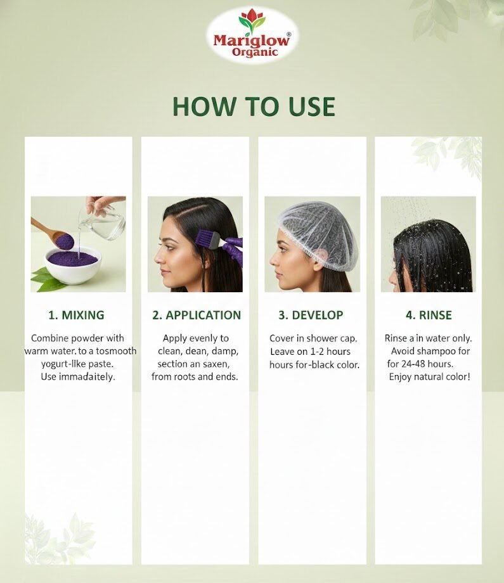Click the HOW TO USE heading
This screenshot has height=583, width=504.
click(x=254, y=106)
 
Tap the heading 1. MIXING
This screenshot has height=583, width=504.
click(x=76, y=316)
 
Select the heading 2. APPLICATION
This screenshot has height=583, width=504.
click(x=197, y=316)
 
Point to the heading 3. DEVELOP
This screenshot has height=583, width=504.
click(x=311, y=316)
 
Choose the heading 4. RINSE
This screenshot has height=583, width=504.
click(x=429, y=316)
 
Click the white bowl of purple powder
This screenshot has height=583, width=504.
click(x=74, y=265)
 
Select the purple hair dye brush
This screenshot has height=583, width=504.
click(x=210, y=241)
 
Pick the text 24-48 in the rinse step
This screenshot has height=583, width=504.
click(x=413, y=364)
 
